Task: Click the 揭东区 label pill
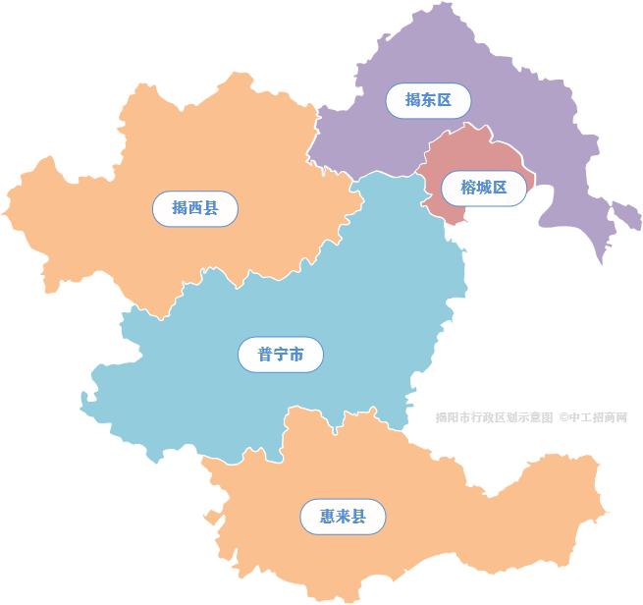(x=428, y=100)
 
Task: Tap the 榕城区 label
(x=484, y=188)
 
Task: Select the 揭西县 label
(x=194, y=208)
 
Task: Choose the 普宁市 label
(x=281, y=354)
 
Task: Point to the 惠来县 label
(x=343, y=517)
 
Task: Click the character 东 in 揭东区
(x=428, y=100)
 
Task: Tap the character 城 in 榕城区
(x=484, y=188)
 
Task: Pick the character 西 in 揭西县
(x=194, y=208)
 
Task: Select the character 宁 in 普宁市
(x=281, y=354)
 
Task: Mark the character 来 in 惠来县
(x=343, y=517)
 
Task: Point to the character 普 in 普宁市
(x=265, y=354)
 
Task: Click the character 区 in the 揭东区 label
(x=444, y=100)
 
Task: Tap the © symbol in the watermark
(x=564, y=417)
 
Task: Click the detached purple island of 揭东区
(x=625, y=213)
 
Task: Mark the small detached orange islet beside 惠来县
(x=208, y=518)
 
